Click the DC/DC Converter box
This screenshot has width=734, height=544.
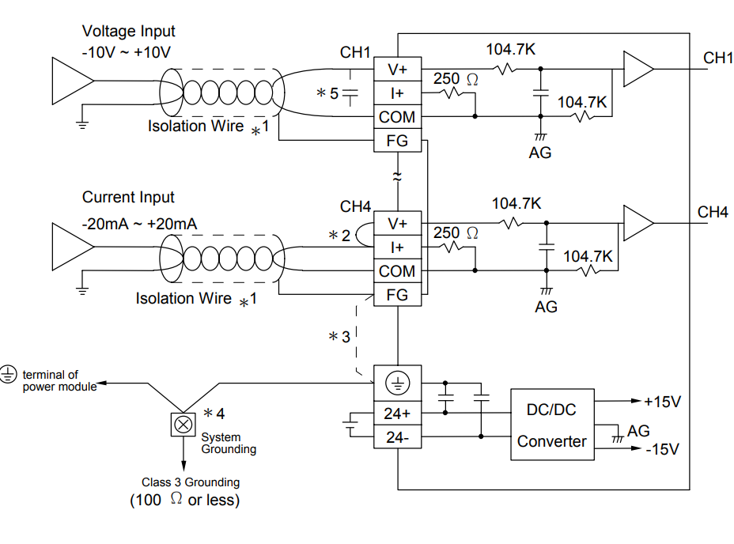click(x=551, y=425)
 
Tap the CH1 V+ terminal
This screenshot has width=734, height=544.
click(x=397, y=69)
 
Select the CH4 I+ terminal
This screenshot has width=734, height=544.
click(x=397, y=247)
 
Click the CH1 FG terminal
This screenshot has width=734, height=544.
click(x=397, y=142)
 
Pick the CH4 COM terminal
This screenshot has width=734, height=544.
click(x=397, y=271)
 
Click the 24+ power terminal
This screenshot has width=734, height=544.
click(x=397, y=413)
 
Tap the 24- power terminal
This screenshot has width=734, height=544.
click(x=397, y=436)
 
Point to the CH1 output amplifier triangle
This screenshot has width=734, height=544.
click(x=636, y=69)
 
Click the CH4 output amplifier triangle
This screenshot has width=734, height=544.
click(x=636, y=223)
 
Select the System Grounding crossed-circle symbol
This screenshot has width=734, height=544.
click(x=183, y=425)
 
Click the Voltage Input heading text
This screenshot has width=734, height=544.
click(x=129, y=32)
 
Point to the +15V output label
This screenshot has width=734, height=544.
click(x=662, y=402)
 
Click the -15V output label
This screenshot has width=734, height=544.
click(x=662, y=449)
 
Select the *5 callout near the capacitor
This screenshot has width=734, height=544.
click(x=327, y=93)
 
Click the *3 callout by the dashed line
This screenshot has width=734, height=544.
click(x=339, y=337)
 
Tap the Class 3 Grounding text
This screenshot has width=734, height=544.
click(x=191, y=482)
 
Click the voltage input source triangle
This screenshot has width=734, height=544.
click(x=70, y=81)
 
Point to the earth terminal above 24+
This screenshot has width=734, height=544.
click(x=397, y=384)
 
